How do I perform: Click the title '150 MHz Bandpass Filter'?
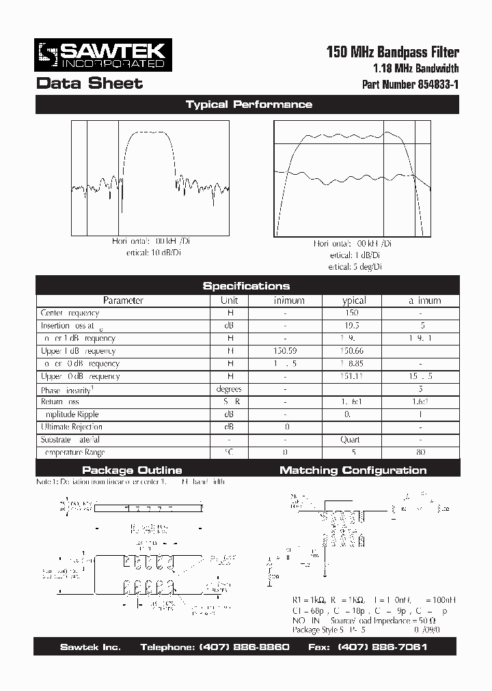click(x=393, y=52)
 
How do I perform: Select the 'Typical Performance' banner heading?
click(x=249, y=104)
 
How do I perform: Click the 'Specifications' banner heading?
click(x=246, y=286)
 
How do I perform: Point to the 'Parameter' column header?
click(x=123, y=300)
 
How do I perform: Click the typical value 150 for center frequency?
click(x=352, y=313)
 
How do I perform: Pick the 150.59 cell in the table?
click(x=285, y=351)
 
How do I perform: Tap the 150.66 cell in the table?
click(x=352, y=351)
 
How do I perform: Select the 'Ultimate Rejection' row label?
click(x=71, y=427)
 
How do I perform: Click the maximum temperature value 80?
click(x=420, y=452)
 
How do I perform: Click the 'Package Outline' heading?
click(x=132, y=470)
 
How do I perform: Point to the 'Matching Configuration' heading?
click(x=353, y=470)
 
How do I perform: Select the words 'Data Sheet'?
click(x=89, y=83)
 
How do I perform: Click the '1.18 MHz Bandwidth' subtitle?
click(x=415, y=68)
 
